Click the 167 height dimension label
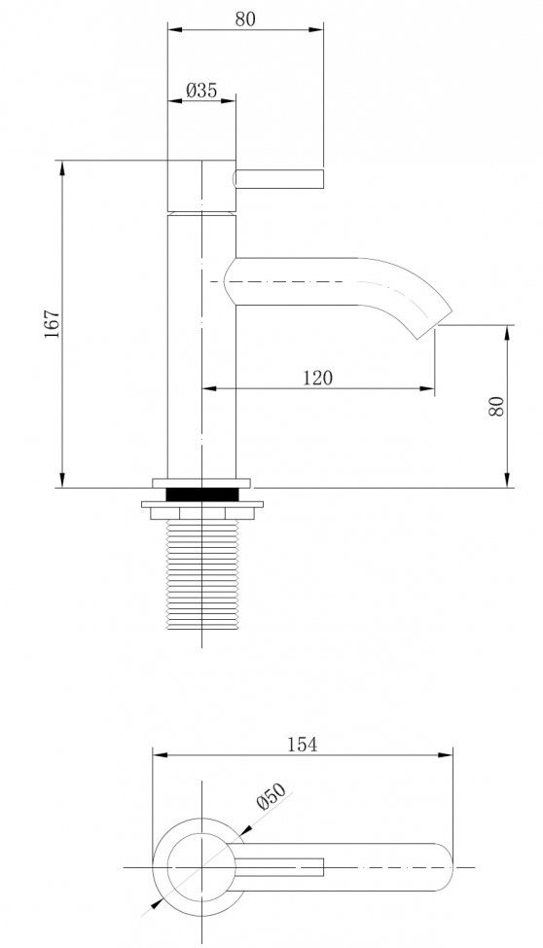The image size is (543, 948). pyautogui.click(x=53, y=323)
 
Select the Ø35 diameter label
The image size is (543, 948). pyautogui.click(x=201, y=91)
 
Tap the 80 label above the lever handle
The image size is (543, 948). pyautogui.click(x=245, y=18)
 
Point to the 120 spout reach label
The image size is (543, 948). pyautogui.click(x=317, y=378)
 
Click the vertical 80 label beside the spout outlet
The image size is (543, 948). pyautogui.click(x=496, y=406)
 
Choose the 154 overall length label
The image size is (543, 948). pyautogui.click(x=302, y=745)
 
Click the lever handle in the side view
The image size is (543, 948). pyautogui.click(x=278, y=178)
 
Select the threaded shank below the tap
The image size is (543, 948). pyautogui.click(x=202, y=574)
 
